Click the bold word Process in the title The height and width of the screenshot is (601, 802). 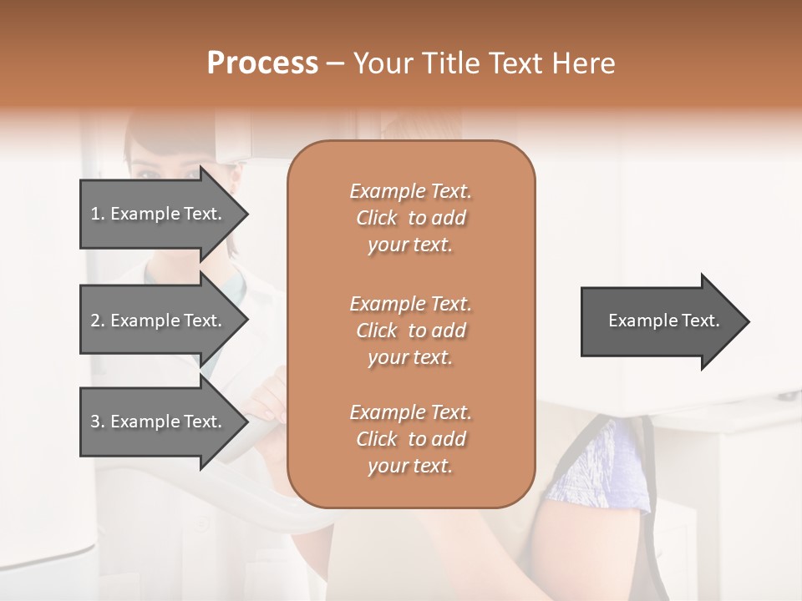(x=262, y=63)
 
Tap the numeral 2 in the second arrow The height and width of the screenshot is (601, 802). (x=95, y=321)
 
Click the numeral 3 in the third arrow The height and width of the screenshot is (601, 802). (x=95, y=422)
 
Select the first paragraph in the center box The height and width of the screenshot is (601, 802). (x=410, y=218)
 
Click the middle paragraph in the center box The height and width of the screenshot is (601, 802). (x=410, y=330)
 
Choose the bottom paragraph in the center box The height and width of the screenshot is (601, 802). (x=410, y=439)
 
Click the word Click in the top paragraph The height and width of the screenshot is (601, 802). (x=377, y=218)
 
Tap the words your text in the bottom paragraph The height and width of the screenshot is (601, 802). (x=410, y=466)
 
